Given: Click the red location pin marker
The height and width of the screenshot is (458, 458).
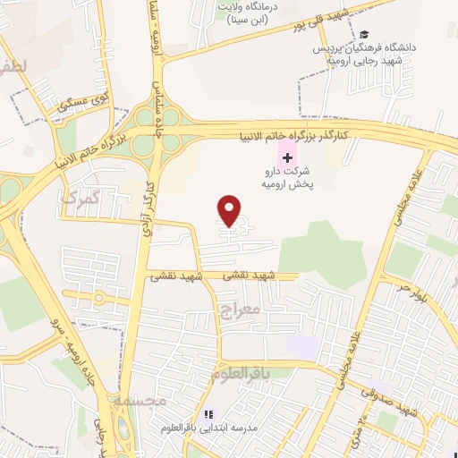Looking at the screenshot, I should (x=230, y=210).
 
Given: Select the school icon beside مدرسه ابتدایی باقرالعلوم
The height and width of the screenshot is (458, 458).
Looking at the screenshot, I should (x=208, y=415).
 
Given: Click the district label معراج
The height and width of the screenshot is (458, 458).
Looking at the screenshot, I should (x=238, y=312).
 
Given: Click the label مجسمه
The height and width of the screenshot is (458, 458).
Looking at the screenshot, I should (x=140, y=402).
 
